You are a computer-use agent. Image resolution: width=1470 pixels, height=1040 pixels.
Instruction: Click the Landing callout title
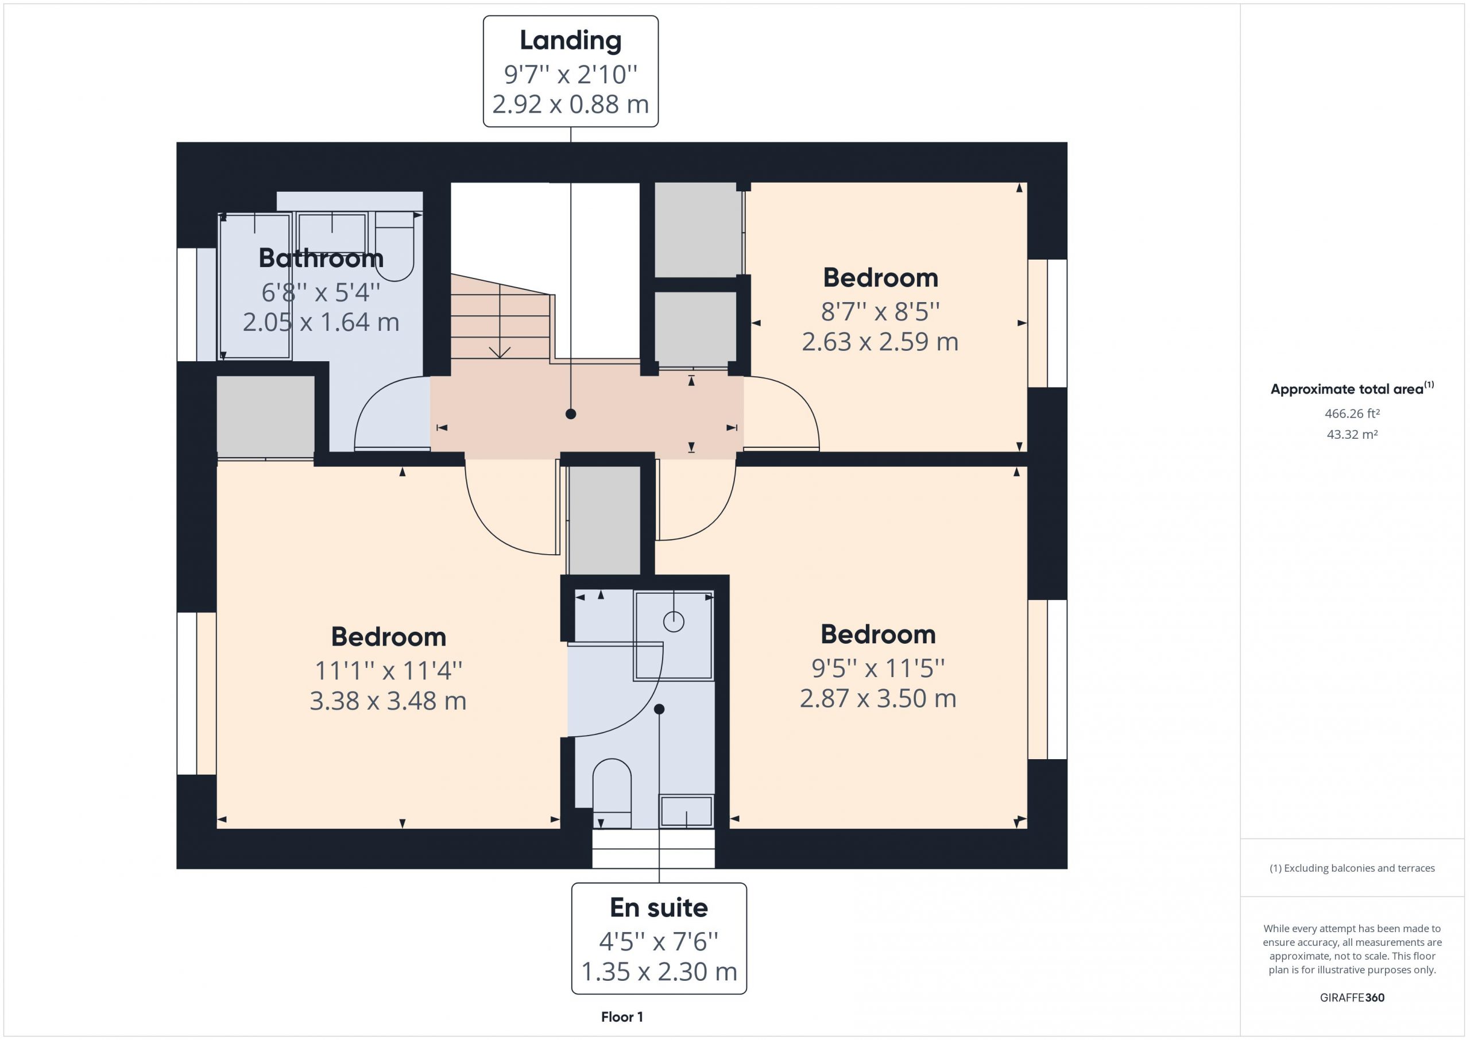click(570, 40)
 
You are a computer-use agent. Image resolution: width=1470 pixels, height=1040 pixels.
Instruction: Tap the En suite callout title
click(659, 908)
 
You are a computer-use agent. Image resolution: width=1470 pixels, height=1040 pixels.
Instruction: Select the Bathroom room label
click(321, 258)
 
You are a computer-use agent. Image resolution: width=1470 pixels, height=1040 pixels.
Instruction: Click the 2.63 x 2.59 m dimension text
click(880, 342)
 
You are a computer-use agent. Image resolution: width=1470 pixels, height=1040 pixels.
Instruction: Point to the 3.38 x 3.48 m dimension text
click(388, 701)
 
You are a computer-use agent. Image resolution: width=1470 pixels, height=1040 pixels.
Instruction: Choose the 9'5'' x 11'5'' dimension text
click(878, 668)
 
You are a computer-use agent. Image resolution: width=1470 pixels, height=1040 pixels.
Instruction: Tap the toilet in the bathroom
click(394, 246)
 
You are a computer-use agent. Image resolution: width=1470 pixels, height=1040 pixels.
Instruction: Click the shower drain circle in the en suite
click(674, 621)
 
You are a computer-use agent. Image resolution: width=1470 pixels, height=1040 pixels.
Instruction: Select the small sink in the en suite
click(686, 811)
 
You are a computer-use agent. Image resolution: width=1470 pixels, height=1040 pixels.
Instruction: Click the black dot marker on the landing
click(570, 415)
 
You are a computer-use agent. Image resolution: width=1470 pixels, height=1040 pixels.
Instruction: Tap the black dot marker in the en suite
click(659, 709)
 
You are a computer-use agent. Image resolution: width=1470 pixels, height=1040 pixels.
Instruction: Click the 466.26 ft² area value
click(1352, 413)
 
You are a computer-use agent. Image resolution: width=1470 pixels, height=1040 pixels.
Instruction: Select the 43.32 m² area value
click(1352, 434)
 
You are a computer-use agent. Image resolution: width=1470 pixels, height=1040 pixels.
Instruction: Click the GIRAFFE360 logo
click(1352, 997)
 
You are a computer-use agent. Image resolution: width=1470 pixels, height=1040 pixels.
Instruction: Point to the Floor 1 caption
click(622, 1017)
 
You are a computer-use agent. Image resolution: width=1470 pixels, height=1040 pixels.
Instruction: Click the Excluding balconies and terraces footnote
click(1352, 868)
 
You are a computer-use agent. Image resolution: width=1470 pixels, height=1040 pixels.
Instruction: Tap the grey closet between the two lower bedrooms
click(605, 520)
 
